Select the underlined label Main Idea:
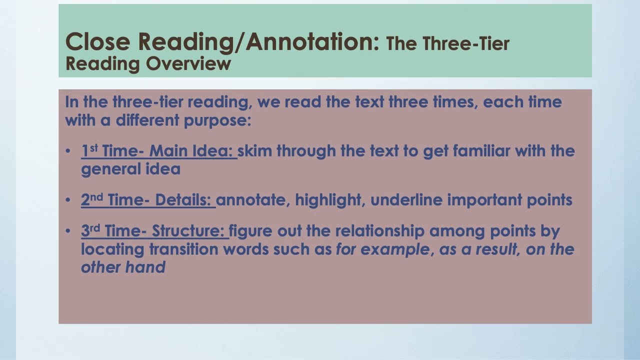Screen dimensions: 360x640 coord(193,151)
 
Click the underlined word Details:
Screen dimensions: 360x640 coord(183,200)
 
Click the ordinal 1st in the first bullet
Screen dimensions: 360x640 coord(89,150)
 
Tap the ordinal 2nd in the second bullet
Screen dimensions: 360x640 coord(91,199)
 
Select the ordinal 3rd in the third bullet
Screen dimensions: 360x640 coord(90,230)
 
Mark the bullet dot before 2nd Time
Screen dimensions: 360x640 coord(68,200)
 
